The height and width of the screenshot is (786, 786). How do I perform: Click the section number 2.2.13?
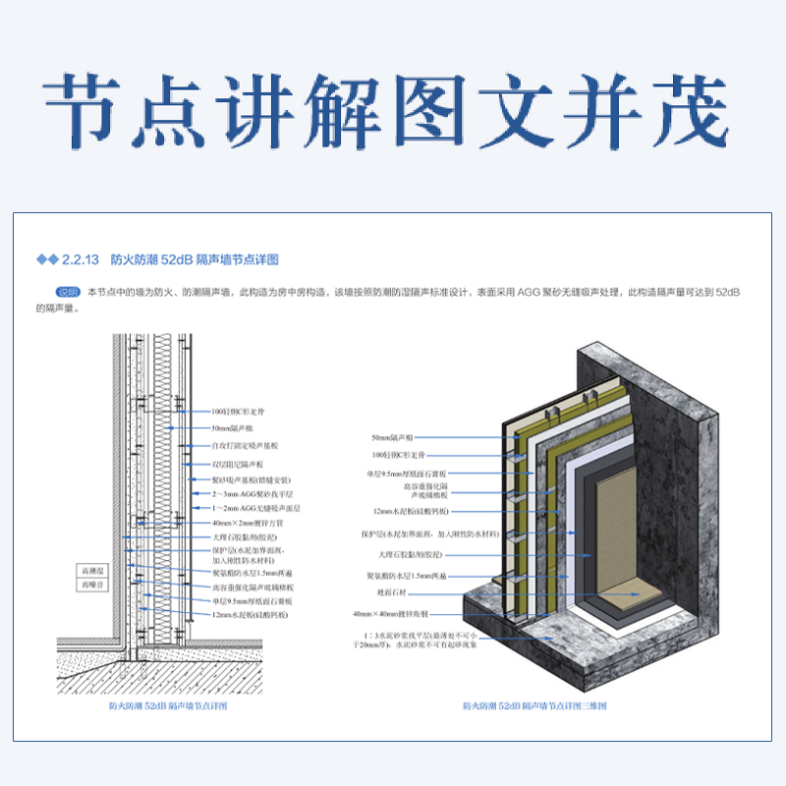pos(82,260)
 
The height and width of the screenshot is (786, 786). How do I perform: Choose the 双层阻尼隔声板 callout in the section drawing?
pos(239,464)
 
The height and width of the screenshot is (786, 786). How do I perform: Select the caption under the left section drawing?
pos(167,706)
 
